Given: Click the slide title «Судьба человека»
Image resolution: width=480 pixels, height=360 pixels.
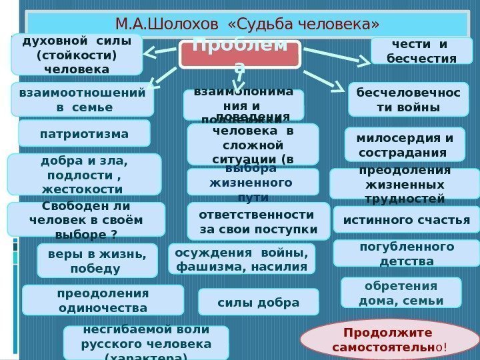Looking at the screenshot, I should coord(247,25).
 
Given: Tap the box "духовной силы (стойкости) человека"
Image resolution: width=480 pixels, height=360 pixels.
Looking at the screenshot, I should coord(77,54).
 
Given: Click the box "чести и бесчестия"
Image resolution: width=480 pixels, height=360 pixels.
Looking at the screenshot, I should coord(421,50).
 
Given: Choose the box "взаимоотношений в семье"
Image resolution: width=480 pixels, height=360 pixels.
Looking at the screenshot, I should coord(82,99).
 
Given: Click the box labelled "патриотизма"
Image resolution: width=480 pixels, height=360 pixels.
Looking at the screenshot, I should coord(84,133).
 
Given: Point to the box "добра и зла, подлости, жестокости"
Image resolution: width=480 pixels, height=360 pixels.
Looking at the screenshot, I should coord(84,174).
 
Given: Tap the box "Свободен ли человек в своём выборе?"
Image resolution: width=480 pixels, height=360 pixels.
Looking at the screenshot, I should coord(85,219).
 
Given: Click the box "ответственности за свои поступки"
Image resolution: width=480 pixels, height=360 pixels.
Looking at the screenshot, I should coord(258,221).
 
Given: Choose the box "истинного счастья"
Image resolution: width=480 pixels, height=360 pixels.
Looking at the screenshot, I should coord(406,219).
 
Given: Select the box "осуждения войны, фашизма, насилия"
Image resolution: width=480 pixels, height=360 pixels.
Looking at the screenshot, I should coord(241,259).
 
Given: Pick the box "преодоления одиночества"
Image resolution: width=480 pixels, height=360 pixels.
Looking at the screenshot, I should coord(103,300).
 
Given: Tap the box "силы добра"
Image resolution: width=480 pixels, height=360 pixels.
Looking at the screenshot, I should coord(259,302).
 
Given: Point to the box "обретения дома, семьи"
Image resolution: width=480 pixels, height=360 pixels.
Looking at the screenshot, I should coord(401,293).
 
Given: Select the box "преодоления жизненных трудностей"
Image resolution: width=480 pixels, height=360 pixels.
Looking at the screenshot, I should coord(400,184).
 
